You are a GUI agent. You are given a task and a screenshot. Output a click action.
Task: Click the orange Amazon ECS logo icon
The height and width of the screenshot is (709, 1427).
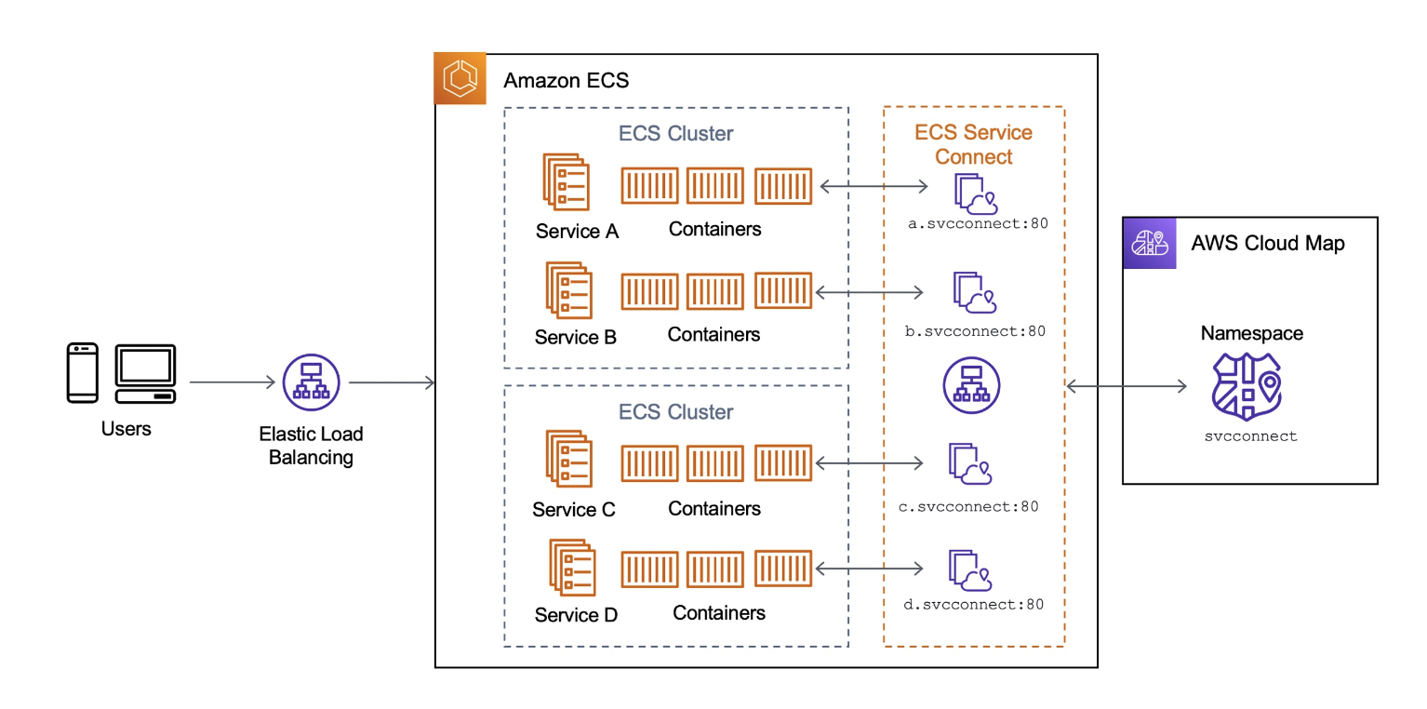[460, 78]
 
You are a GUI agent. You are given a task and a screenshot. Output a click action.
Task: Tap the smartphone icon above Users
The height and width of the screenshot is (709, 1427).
[83, 373]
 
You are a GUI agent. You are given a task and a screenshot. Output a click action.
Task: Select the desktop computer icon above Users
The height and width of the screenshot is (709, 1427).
[145, 374]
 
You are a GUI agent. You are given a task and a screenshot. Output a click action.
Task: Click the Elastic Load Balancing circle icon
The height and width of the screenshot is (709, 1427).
[311, 382]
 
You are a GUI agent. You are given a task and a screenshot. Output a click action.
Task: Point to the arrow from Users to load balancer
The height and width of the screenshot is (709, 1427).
[233, 382]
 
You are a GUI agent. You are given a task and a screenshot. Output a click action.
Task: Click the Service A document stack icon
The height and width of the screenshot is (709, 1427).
[567, 182]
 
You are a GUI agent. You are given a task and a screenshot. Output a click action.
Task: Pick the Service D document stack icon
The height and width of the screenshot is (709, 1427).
[573, 568]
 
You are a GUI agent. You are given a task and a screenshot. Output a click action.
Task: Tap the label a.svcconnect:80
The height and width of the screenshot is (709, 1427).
[978, 223]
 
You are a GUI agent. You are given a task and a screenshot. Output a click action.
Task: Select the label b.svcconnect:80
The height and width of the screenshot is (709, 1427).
[975, 331]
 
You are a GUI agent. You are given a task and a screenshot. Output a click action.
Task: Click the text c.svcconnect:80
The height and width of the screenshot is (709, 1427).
[968, 507]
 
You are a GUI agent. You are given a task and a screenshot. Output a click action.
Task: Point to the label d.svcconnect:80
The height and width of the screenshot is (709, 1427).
[973, 605]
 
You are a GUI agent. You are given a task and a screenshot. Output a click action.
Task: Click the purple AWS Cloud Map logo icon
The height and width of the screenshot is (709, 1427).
[1150, 244]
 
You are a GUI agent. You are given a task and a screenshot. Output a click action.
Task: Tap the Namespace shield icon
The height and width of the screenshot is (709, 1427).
[1247, 387]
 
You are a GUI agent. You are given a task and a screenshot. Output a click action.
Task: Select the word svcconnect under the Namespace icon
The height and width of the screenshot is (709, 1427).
[1250, 436]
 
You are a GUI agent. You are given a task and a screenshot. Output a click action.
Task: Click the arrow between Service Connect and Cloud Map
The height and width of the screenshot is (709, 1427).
[1127, 386]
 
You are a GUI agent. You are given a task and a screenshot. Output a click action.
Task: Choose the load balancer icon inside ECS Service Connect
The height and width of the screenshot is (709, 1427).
[971, 385]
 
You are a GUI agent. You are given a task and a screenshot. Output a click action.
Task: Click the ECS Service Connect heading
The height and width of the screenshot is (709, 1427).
[973, 144]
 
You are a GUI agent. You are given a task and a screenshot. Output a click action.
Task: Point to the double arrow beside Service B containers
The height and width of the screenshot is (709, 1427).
[870, 292]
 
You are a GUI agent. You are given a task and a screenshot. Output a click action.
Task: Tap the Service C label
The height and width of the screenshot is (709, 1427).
[574, 510]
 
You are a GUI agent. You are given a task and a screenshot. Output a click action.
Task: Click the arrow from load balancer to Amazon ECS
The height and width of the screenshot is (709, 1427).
[392, 382]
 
